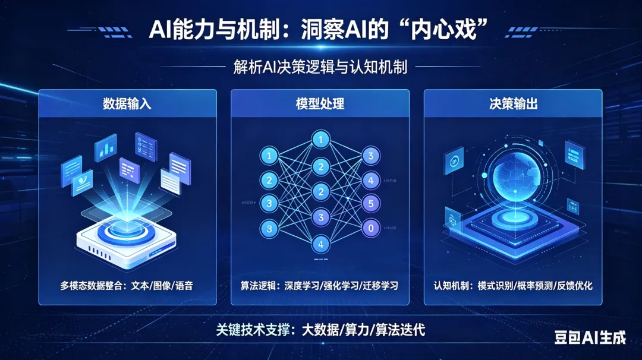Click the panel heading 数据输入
(x=127, y=105)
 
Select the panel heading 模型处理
(x=320, y=105)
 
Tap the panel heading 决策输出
(x=513, y=105)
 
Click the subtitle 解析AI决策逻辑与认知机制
(x=320, y=67)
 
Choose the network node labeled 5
(x=371, y=203)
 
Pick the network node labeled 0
(x=371, y=227)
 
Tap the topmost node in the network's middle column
(x=321, y=140)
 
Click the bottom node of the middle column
(x=321, y=244)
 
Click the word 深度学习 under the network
(x=301, y=286)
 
